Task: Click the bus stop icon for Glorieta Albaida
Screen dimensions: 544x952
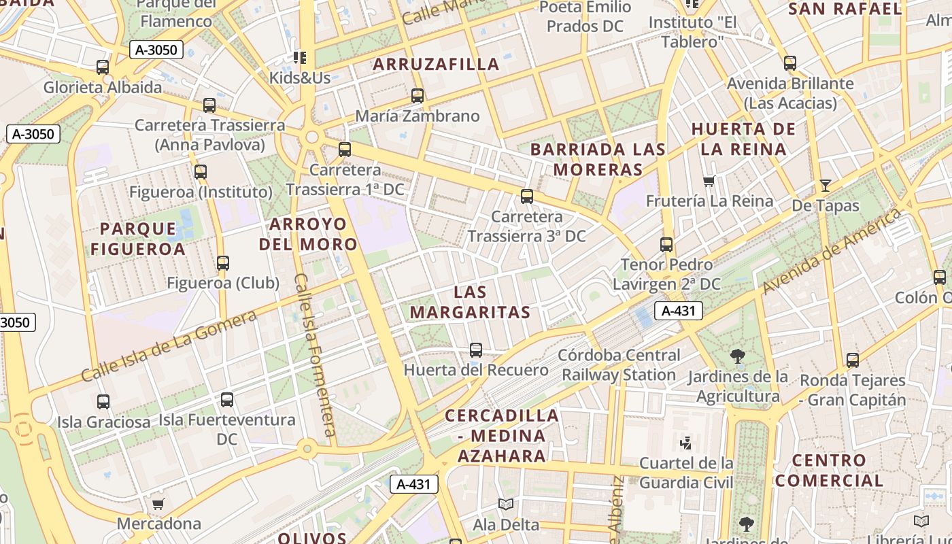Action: click(x=103, y=67)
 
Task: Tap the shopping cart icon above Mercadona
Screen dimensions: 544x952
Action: click(x=158, y=504)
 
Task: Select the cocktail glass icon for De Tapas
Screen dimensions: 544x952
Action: click(x=826, y=185)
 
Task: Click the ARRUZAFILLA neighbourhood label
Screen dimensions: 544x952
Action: click(x=436, y=65)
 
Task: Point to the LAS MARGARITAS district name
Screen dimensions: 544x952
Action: click(x=471, y=303)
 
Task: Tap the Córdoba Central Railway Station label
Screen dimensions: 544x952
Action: click(x=619, y=365)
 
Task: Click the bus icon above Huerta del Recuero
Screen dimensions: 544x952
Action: click(x=476, y=350)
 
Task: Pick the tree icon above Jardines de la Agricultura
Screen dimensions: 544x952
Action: click(x=737, y=356)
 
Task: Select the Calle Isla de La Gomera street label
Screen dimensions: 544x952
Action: click(x=169, y=345)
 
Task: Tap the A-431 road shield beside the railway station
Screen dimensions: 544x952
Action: click(x=678, y=311)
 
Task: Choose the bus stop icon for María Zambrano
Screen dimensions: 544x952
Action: click(x=418, y=96)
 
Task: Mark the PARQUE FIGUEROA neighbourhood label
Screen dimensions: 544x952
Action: click(x=138, y=239)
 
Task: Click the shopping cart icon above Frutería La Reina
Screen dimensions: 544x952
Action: click(x=709, y=182)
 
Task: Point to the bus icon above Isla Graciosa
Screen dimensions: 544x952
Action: click(x=103, y=402)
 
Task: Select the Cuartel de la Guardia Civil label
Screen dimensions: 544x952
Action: click(x=687, y=473)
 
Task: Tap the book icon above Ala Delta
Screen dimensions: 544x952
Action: click(x=505, y=505)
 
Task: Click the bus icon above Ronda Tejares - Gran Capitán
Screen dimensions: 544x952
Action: click(x=853, y=360)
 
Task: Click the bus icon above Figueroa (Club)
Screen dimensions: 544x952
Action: click(x=223, y=263)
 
